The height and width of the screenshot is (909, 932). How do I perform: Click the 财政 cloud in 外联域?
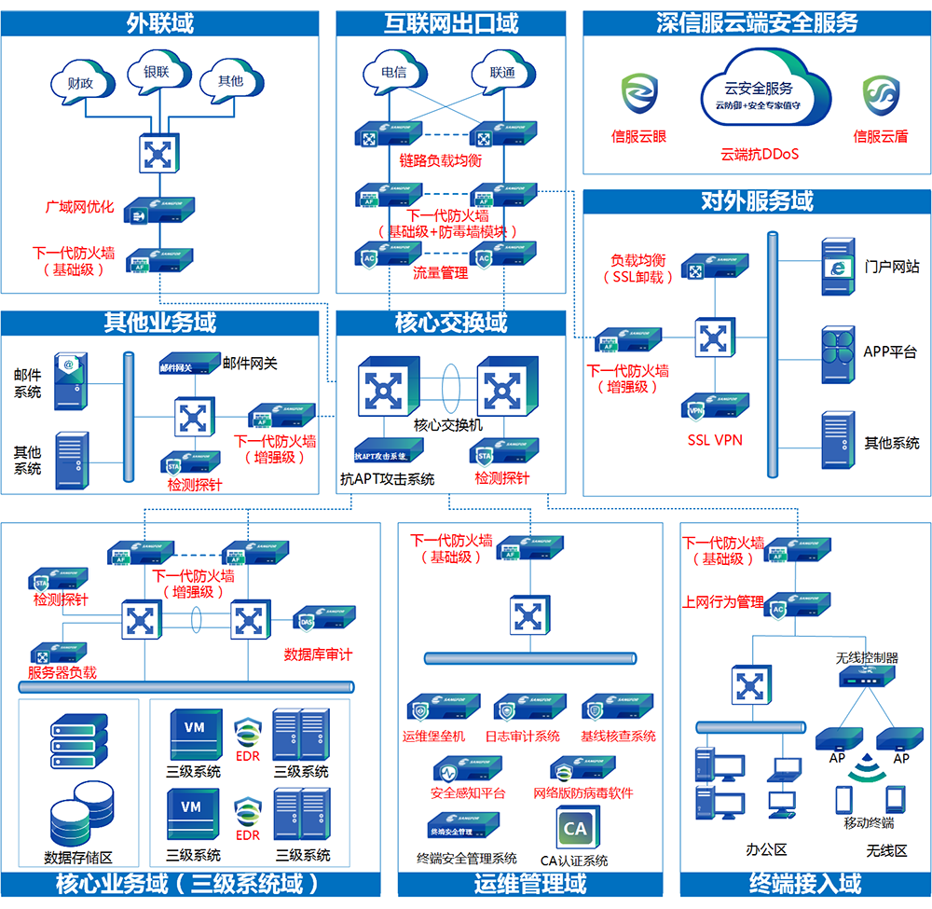pyautogui.click(x=80, y=82)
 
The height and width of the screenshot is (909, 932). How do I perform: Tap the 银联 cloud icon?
pyautogui.click(x=155, y=75)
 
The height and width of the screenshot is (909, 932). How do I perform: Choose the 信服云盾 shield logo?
pyautogui.click(x=879, y=96)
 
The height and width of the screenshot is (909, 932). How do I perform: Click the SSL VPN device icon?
pyautogui.click(x=715, y=406)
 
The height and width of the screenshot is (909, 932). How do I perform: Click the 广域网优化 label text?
pyautogui.click(x=80, y=207)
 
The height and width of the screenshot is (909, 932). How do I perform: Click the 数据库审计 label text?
pyautogui.click(x=318, y=654)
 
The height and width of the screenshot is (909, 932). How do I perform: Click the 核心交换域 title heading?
pyautogui.click(x=451, y=323)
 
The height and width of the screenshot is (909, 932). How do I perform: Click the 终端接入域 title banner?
pyautogui.click(x=805, y=883)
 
